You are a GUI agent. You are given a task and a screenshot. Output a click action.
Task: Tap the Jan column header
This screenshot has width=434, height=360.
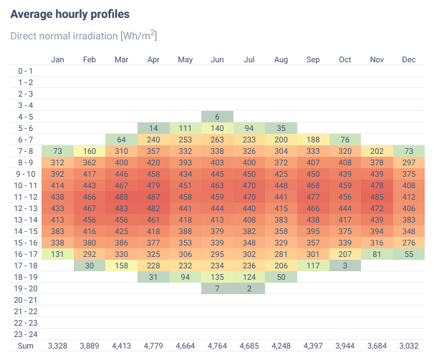point(57,59)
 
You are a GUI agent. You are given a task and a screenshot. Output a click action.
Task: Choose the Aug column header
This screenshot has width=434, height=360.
point(281,59)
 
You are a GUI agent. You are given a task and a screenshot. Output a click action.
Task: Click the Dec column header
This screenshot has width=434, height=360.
point(409,59)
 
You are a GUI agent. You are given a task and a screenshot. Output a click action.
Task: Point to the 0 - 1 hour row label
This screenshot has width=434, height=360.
point(25,71)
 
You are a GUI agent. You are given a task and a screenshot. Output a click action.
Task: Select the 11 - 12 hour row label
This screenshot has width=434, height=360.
point(25,197)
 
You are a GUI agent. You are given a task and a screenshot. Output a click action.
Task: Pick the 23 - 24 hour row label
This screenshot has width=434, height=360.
point(25,334)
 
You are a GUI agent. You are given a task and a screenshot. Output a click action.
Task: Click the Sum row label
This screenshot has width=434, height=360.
point(25,346)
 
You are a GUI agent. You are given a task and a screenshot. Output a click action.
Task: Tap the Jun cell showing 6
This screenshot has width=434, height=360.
point(217,117)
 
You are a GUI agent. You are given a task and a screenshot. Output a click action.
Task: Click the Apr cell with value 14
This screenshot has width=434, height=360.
point(153,128)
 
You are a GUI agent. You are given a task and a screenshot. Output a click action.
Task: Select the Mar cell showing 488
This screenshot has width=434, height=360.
point(121,197)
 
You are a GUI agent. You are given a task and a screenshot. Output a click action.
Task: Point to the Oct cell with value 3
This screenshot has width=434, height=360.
point(345,266)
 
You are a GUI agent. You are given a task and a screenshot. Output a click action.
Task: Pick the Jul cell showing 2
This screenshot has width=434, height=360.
point(249,288)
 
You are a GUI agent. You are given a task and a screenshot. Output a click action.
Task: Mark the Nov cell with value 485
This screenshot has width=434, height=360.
point(377,197)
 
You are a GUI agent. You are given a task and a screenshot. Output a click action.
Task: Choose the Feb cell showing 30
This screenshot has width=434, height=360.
point(90,266)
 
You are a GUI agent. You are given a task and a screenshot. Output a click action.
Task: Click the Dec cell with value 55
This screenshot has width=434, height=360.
point(409,254)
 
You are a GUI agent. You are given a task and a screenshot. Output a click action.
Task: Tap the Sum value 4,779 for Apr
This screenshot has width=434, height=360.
point(153,346)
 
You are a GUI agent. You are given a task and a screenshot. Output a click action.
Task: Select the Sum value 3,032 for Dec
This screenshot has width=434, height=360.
point(409,346)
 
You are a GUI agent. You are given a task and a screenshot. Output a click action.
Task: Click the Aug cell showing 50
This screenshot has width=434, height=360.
point(281,277)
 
